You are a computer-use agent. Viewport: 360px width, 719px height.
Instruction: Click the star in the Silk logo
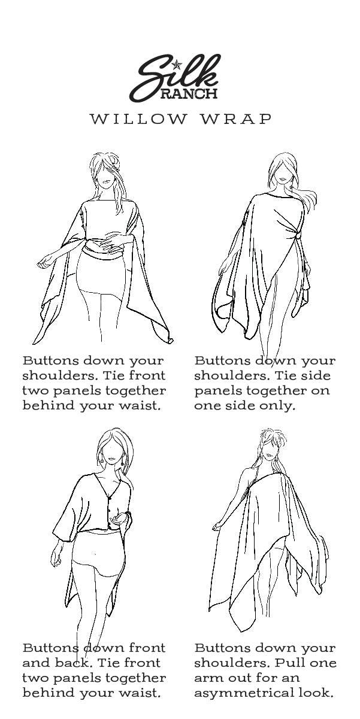(176, 65)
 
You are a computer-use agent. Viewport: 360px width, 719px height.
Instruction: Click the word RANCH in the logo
(189, 93)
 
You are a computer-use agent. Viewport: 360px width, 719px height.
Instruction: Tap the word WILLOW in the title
(138, 119)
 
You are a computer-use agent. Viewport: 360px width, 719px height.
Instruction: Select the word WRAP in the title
(236, 119)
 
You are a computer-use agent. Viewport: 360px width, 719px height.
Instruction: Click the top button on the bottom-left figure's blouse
(111, 497)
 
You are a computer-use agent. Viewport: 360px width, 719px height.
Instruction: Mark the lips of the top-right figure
(282, 179)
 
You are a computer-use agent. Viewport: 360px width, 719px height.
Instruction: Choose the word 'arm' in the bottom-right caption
(208, 678)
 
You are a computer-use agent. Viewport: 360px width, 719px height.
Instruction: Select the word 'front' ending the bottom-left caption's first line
(147, 648)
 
